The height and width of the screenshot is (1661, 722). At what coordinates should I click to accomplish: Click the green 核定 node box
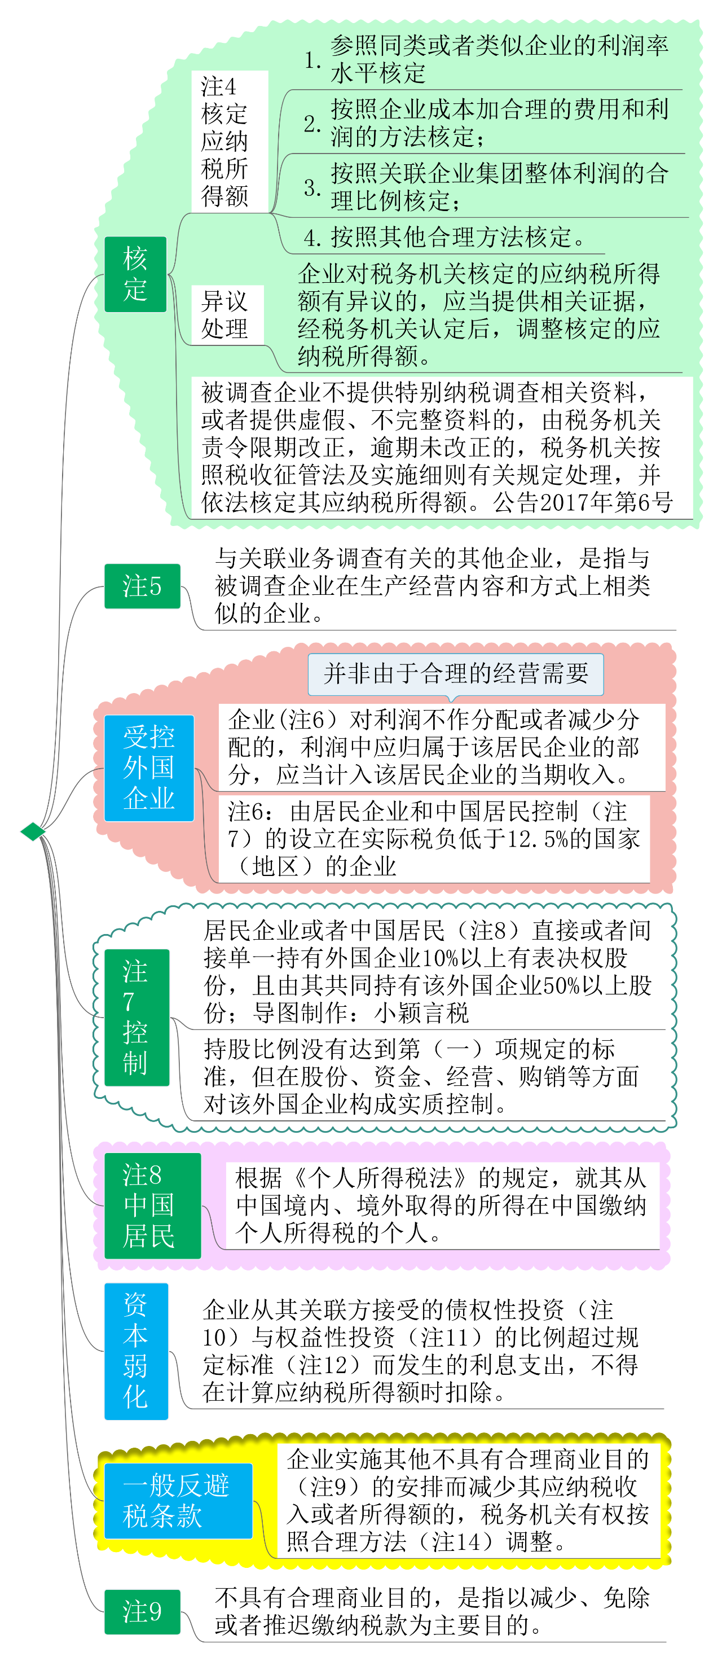point(135,274)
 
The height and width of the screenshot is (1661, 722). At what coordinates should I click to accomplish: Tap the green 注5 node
point(142,585)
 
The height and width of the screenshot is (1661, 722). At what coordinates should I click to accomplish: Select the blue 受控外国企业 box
point(149,768)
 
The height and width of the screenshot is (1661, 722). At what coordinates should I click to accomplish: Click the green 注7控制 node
point(137,1017)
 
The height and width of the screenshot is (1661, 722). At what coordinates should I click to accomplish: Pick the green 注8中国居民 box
point(152,1205)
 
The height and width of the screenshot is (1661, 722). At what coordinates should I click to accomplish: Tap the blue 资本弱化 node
point(136,1351)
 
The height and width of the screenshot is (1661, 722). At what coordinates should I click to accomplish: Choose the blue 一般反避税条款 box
point(177,1501)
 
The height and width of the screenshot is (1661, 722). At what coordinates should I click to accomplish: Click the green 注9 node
point(142,1611)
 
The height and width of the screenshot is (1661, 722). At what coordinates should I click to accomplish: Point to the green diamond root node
point(33,831)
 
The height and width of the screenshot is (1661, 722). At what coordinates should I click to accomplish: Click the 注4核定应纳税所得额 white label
point(230,141)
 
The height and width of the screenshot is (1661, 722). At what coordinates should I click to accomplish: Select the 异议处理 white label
point(227,315)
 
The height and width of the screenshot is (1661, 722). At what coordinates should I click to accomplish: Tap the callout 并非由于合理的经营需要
point(456,674)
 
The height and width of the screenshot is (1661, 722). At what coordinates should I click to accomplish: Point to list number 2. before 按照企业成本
point(312,123)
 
